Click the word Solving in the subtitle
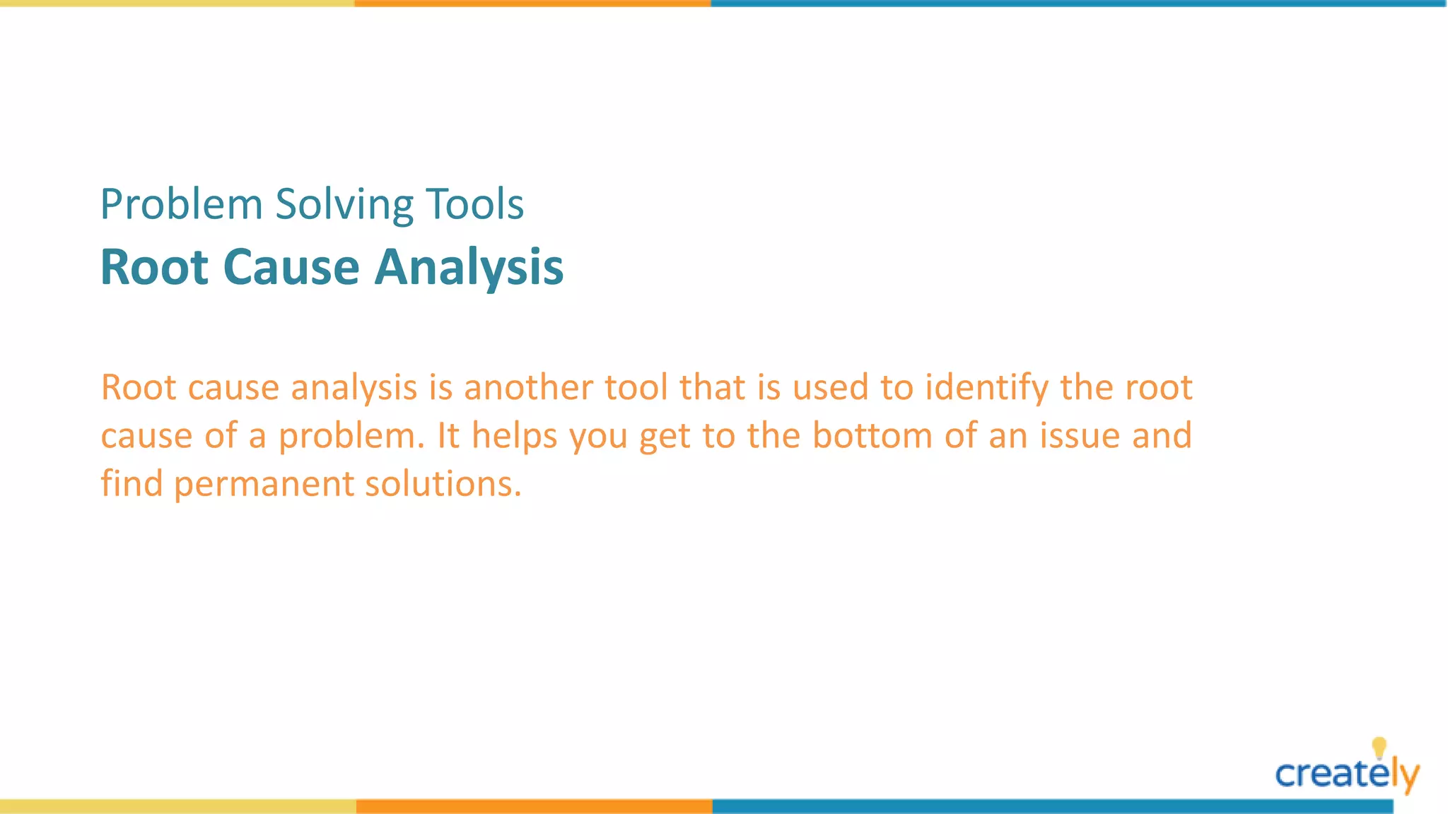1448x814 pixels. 344,205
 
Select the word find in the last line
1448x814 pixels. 132,485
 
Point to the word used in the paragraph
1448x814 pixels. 830,388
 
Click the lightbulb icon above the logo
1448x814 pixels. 1379,748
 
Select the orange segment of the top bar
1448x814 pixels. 532,4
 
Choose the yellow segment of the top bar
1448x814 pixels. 177,4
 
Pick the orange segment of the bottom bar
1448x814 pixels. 534,806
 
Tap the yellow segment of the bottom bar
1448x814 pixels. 177,806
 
